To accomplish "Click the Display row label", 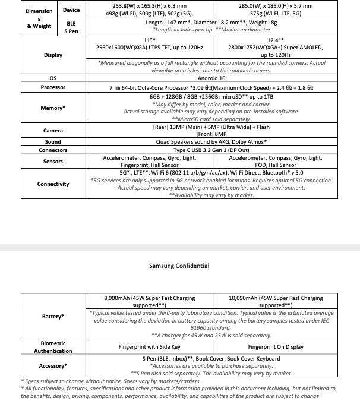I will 53,55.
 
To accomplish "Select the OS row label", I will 53,78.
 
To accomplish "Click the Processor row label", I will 53,87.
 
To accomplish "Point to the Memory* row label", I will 53,108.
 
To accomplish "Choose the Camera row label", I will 53,130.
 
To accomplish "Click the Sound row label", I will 53,142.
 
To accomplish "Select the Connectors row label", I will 53,150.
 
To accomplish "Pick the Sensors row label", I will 53,161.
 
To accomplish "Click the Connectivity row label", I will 53,184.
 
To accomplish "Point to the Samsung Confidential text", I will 179,266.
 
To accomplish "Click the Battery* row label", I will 53,317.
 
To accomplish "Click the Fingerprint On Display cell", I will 275,346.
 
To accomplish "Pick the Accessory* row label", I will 53,366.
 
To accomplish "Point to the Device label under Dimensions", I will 71,10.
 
